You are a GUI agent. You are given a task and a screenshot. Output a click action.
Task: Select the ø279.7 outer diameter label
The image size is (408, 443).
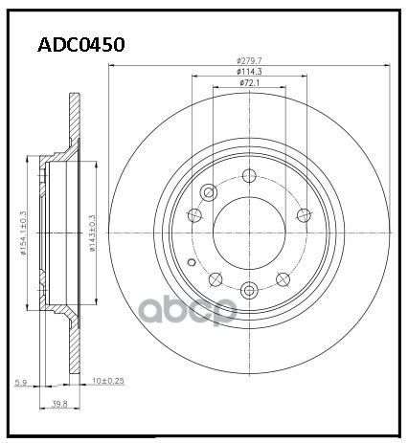click(x=249, y=60)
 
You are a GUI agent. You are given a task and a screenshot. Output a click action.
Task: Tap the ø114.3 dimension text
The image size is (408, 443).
click(x=249, y=73)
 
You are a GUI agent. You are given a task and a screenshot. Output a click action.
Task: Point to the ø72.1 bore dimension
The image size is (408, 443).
click(x=250, y=85)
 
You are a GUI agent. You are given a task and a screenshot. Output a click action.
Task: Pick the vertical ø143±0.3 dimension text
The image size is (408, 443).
click(x=93, y=233)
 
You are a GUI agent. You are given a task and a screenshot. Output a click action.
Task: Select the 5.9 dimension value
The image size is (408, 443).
click(x=19, y=383)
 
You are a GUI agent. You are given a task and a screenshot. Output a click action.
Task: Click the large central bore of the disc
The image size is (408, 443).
click(x=249, y=233)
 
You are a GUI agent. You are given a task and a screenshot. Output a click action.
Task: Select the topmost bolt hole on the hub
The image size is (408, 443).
click(x=249, y=175)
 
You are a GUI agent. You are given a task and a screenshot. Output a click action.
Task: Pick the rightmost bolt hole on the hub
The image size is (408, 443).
click(x=305, y=214)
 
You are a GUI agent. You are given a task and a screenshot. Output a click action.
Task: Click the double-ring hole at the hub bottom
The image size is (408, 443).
click(x=249, y=291)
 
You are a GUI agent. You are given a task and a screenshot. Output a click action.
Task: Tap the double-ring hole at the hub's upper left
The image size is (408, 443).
click(x=208, y=191)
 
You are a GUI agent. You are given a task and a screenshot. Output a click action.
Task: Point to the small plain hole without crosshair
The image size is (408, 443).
click(x=192, y=262)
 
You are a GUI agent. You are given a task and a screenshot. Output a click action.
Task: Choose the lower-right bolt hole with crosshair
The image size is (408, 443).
click(x=283, y=279)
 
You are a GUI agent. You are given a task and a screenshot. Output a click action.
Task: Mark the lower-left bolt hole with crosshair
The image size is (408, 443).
click(x=215, y=279)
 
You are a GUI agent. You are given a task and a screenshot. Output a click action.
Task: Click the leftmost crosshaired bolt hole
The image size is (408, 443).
click(x=194, y=214)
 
